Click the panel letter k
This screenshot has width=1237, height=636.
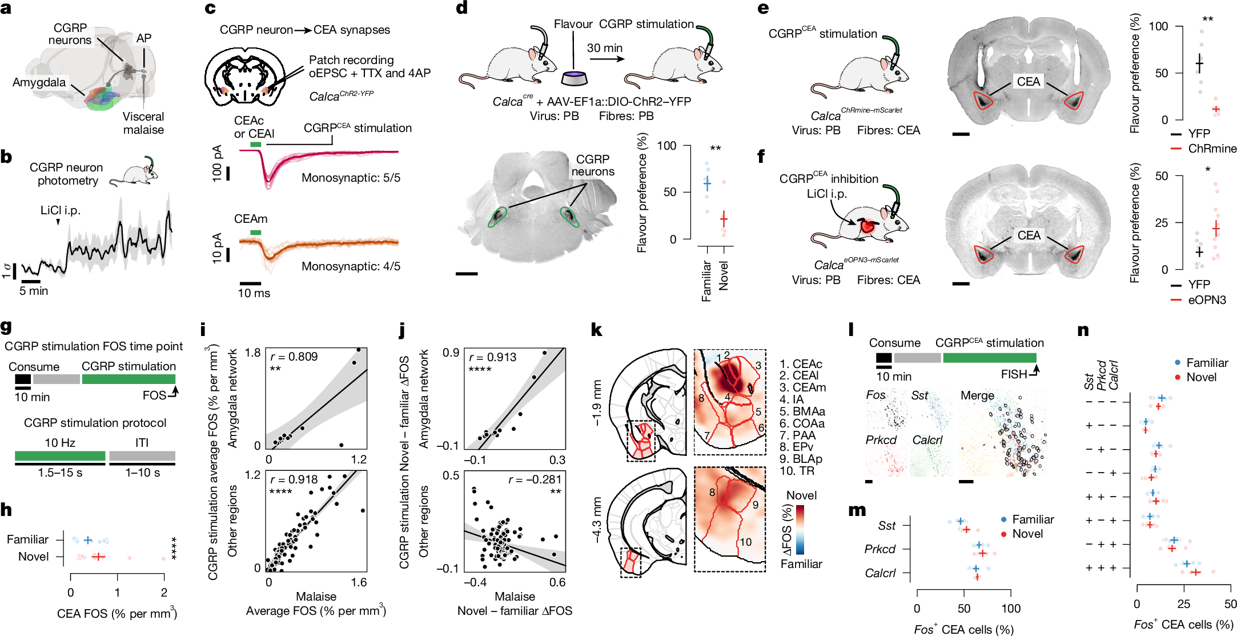click(596, 330)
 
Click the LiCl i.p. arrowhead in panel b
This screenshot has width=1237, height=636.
click(58, 222)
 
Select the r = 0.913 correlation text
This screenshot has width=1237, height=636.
click(492, 357)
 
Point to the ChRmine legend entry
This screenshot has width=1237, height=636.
click(1212, 149)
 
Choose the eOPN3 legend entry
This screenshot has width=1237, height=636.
click(1207, 300)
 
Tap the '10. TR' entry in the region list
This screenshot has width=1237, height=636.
click(797, 471)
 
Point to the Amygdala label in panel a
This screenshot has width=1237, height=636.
click(39, 82)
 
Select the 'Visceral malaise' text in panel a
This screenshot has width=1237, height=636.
click(143, 123)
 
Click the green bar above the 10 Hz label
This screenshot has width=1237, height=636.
click(60, 456)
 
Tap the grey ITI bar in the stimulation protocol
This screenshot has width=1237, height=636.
click(142, 456)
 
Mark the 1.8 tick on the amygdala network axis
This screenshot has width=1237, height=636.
click(253, 353)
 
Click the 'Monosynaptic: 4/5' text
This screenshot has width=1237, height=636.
click(351, 266)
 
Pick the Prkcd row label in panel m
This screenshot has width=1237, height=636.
click(880, 549)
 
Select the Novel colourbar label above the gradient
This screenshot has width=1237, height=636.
click(801, 495)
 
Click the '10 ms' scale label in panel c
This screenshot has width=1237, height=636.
click(254, 293)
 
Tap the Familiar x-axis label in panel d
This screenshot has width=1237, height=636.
click(706, 281)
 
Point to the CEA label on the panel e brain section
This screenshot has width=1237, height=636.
click(1028, 82)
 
